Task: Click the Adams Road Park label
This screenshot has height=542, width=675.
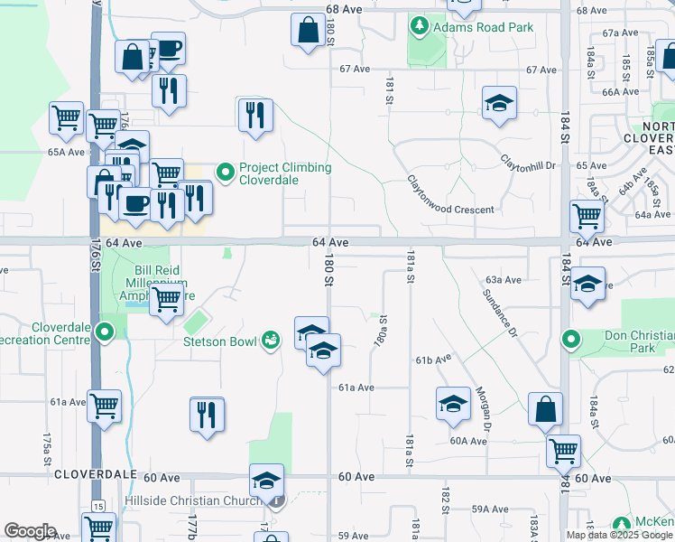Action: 483,27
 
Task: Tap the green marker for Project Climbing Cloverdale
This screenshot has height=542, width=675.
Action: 225,169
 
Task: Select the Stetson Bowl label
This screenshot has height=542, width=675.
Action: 221,341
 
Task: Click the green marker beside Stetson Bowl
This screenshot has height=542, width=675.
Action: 269,341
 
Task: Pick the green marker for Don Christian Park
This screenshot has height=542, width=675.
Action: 570,341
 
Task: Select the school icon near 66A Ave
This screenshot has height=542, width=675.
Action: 498,103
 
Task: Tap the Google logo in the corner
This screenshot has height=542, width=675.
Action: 30,531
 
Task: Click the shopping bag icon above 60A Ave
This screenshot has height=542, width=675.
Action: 546,408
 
